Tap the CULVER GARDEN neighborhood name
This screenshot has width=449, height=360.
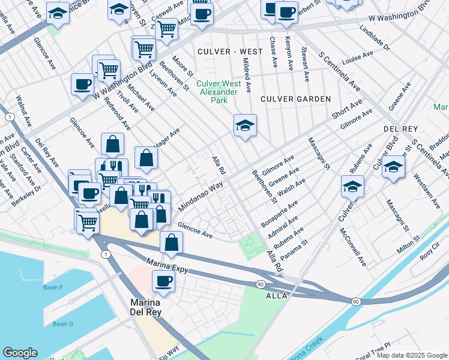(295, 98)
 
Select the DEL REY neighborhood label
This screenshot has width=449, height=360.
(400, 130)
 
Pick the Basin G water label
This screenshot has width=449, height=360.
(62, 325)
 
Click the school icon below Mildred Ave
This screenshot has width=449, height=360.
(245, 126)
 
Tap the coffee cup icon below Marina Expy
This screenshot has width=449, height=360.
(163, 280)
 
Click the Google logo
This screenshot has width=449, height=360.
(20, 353)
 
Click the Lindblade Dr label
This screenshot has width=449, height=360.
(375, 38)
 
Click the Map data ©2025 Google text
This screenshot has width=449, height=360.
(411, 355)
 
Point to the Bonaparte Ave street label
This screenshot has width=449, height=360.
(279, 214)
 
